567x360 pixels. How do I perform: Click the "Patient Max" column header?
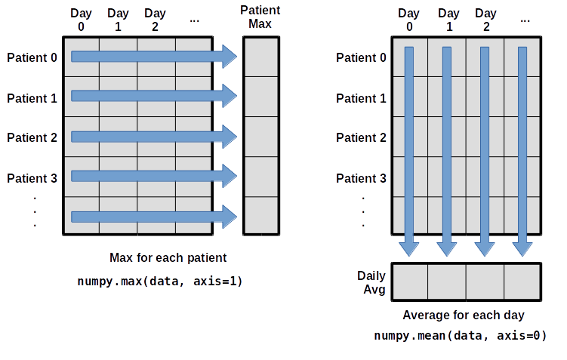pyautogui.click(x=260, y=17)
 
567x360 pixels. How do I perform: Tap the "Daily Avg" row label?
pyautogui.click(x=371, y=282)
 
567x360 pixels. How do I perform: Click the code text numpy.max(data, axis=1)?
pyautogui.click(x=159, y=281)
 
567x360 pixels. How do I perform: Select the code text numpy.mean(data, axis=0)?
pyautogui.click(x=460, y=335)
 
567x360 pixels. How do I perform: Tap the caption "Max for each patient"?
pyautogui.click(x=168, y=258)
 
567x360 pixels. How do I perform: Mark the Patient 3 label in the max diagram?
pyautogui.click(x=32, y=178)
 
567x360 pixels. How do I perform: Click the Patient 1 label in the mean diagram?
pyautogui.click(x=361, y=98)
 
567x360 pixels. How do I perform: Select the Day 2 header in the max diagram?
pyautogui.click(x=155, y=20)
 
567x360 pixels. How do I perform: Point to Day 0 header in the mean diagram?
pyautogui.click(x=409, y=20)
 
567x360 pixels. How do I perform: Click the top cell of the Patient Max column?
pyautogui.click(x=261, y=57)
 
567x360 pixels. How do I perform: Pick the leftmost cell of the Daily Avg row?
pyautogui.click(x=410, y=282)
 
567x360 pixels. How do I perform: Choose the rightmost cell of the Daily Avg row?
pyautogui.click(x=522, y=282)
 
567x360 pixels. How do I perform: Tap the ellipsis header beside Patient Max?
pyautogui.click(x=195, y=18)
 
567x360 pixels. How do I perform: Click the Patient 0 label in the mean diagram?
pyautogui.click(x=361, y=57)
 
